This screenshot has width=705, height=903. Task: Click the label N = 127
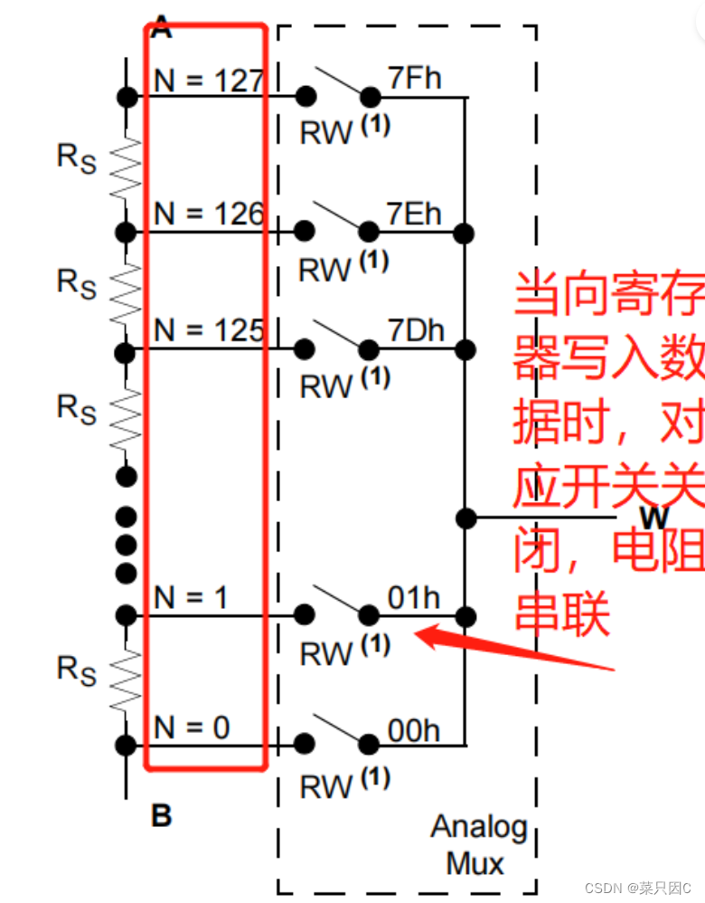207,81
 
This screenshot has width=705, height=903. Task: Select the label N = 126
207,214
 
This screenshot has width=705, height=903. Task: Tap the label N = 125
207,330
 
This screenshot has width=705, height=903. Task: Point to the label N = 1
192,597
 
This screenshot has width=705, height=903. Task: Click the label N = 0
192,727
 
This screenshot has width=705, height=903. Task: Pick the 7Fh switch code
414,79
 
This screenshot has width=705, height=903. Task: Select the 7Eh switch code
414,214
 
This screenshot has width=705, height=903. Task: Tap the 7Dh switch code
416,330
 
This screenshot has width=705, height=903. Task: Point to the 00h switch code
414,729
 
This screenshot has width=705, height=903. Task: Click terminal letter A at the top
161,27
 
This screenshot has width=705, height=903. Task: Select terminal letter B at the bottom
161,816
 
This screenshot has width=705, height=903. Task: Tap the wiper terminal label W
653,517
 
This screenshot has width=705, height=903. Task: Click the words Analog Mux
478,844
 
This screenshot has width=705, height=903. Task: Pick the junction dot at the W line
465,518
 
